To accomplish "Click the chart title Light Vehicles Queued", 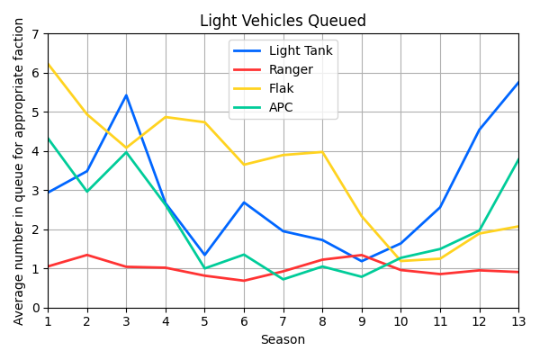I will coord(283,21).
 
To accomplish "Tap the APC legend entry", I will coord(280,108).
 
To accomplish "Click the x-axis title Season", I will coord(283,340).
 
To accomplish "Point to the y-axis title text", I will coord(19,171).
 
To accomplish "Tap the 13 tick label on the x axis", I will coord(518,321).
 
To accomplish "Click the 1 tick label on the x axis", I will coord(48,321).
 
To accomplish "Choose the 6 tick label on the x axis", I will coord(244,321).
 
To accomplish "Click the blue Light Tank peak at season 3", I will coord(126,95).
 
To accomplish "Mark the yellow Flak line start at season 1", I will coord(48,65).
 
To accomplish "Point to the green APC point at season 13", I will coord(518,160).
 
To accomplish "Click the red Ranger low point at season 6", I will coord(244,281).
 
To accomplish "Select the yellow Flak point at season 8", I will coord(322,152).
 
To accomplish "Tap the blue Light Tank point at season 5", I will coord(204,255).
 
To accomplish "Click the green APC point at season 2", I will coord(87,192).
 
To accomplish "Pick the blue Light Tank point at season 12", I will coord(479,130).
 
